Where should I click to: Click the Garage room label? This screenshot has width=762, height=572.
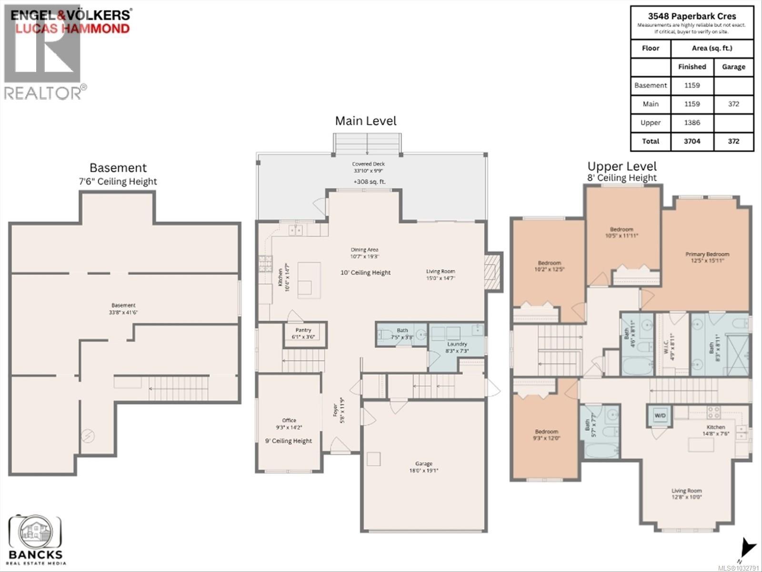[423, 463]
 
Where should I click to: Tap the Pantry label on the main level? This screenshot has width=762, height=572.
[303, 330]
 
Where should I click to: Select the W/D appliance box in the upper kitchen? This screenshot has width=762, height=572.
[660, 415]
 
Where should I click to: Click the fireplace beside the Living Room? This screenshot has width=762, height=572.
[493, 272]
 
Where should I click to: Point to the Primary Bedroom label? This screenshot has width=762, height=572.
[707, 255]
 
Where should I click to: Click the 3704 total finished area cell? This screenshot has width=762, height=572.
[692, 141]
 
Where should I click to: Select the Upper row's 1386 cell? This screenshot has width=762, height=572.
[692, 123]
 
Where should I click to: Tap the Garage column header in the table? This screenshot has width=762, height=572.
[733, 67]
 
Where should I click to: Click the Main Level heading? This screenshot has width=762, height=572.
[365, 121]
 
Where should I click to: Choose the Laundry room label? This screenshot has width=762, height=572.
[457, 344]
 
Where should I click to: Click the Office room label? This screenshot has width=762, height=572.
[289, 420]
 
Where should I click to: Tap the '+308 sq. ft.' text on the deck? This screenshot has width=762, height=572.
[369, 182]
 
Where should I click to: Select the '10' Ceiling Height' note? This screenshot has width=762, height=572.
[365, 273]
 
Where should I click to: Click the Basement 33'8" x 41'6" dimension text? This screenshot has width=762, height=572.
[123, 313]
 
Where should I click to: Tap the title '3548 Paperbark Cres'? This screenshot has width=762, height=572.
[692, 16]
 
